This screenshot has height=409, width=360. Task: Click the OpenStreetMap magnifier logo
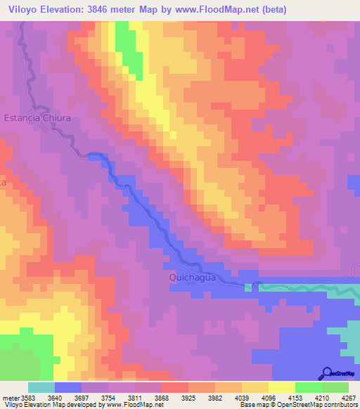pos(326,373)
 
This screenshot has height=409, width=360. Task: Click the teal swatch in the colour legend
pos(41,387)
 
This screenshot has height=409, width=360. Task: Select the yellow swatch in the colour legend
pos(281,387)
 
